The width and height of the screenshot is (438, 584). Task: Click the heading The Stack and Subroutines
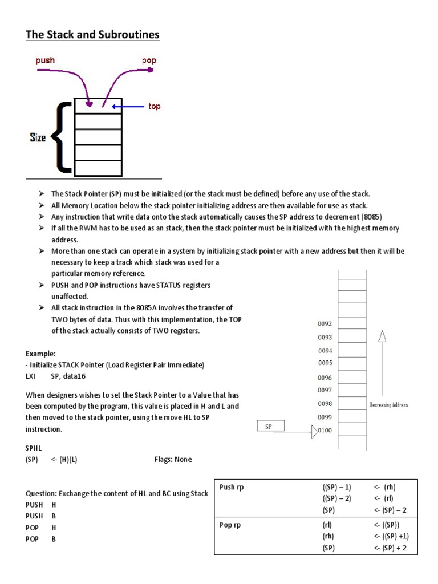[x=92, y=35]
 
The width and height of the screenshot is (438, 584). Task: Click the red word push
[x=45, y=60]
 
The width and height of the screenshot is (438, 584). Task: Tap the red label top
[x=154, y=106]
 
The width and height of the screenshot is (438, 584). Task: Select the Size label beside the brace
[x=38, y=137]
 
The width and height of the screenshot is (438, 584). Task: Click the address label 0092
[x=325, y=323]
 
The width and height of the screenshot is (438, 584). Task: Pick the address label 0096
[x=325, y=378]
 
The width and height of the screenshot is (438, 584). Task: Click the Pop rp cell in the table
[x=230, y=525]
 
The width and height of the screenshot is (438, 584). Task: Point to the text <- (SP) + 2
[x=392, y=548]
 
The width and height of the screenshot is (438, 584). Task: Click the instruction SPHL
[x=34, y=448]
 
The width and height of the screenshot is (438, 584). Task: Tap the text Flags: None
[x=173, y=459]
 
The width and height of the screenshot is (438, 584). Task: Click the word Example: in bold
[x=40, y=354]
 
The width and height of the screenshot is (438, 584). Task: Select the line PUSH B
[x=40, y=516]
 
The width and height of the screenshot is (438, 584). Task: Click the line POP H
[x=40, y=527]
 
